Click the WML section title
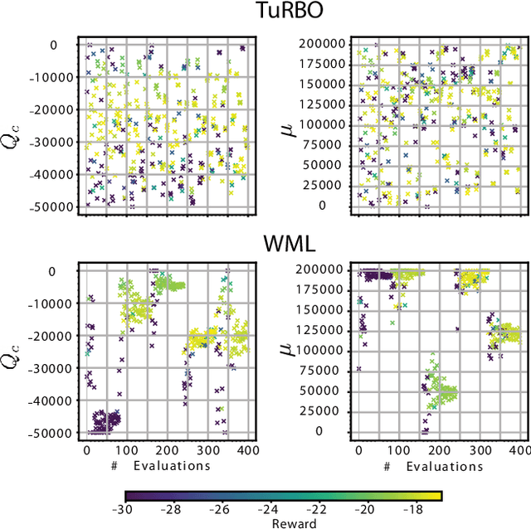[265, 245]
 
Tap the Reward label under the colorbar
[278, 523]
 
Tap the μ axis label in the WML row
[290, 350]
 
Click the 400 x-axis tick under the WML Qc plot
[245, 449]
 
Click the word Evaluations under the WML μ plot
[443, 465]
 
